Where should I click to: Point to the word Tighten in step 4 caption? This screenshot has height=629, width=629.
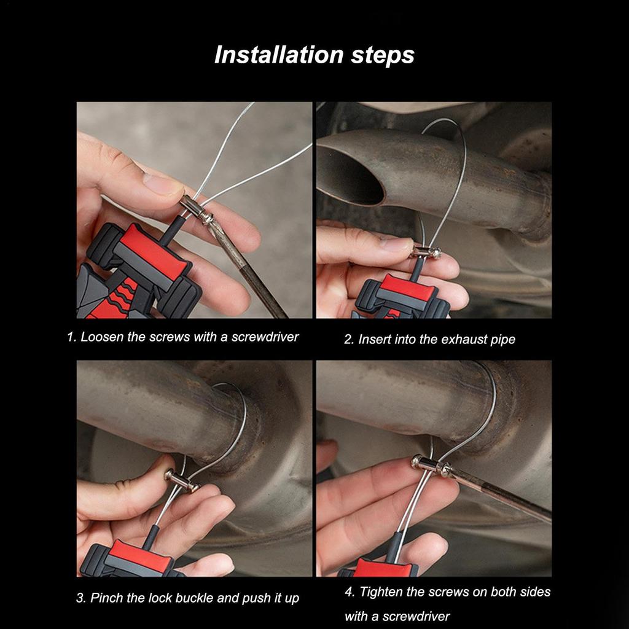(x=381, y=592)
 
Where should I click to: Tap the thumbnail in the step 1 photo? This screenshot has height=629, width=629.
(x=161, y=184)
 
